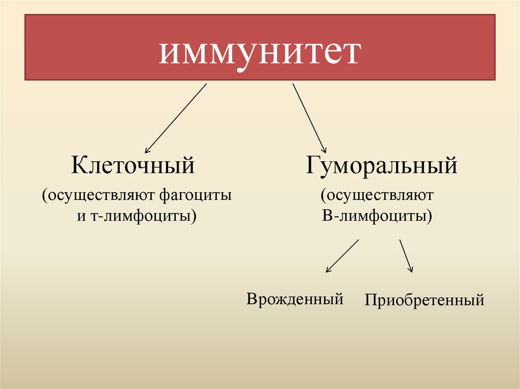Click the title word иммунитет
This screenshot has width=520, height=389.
[x=259, y=53]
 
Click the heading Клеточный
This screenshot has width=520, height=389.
[x=133, y=165]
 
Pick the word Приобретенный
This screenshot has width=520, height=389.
[x=424, y=300]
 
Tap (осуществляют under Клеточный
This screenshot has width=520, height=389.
[x=100, y=194]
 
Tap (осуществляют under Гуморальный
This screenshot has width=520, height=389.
[x=376, y=195]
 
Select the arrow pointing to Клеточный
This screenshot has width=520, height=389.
[x=176, y=118]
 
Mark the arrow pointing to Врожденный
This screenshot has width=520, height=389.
[x=342, y=256]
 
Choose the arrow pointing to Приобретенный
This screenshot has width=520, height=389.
[x=406, y=256]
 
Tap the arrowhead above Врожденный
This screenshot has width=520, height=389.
[x=328, y=270]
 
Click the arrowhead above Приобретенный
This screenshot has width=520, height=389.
[x=411, y=270]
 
